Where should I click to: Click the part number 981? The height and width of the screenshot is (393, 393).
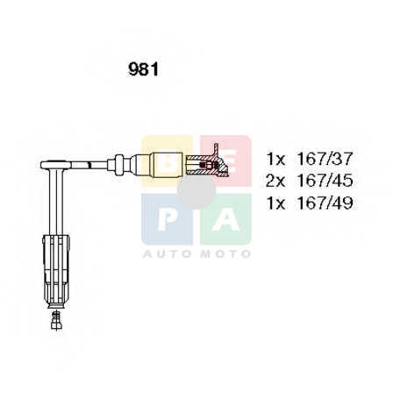click(x=143, y=70)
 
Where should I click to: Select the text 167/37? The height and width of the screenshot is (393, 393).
click(x=325, y=159)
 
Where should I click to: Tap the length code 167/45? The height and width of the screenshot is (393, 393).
click(x=325, y=181)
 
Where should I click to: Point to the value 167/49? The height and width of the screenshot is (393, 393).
click(x=325, y=203)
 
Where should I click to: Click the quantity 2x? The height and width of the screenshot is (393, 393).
click(x=275, y=181)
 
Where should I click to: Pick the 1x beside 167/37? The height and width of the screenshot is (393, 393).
click(x=275, y=159)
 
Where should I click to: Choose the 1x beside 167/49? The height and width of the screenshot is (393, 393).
click(x=275, y=203)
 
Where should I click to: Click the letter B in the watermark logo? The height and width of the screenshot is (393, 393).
click(x=168, y=161)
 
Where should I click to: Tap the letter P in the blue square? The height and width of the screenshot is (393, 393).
click(x=167, y=219)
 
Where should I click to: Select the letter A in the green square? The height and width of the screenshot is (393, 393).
click(x=225, y=219)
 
